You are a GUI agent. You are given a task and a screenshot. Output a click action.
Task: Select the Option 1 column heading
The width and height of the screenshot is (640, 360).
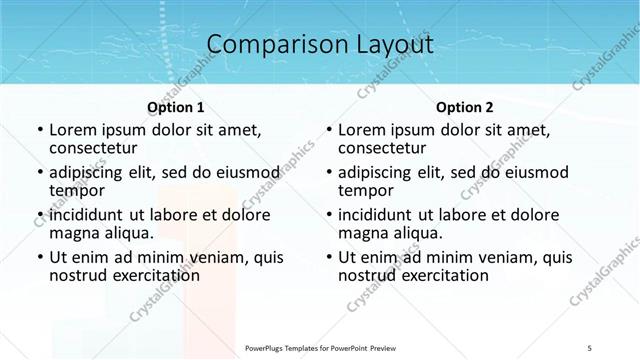click(176, 107)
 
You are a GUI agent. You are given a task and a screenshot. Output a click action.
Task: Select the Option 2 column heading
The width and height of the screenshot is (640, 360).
click(465, 107)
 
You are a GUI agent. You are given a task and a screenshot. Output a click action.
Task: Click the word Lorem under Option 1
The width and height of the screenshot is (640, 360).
click(73, 130)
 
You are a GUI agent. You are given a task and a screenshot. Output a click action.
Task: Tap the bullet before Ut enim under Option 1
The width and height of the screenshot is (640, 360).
click(39, 258)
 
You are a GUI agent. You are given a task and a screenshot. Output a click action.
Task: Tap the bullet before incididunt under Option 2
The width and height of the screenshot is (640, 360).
click(328, 215)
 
